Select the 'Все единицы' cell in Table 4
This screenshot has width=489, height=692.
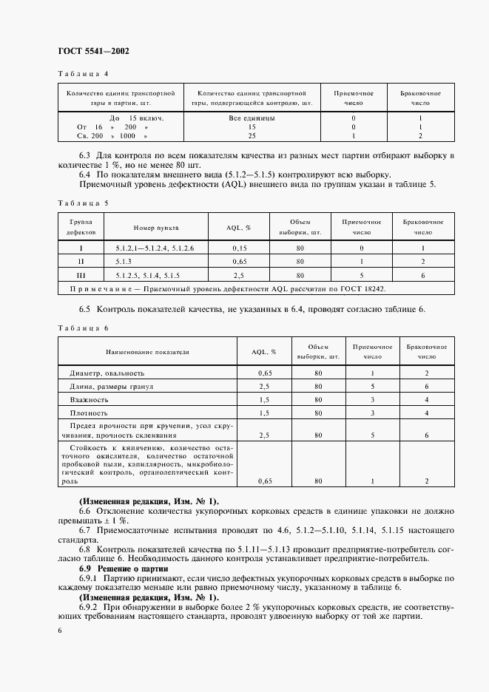tap(252, 118)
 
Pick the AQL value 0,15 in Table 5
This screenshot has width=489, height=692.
tap(239, 248)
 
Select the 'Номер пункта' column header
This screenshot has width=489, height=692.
tap(156, 228)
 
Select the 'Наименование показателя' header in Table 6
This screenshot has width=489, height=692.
tap(147, 353)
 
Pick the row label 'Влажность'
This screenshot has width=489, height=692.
tap(90, 399)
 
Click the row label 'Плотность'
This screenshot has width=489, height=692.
tap(90, 413)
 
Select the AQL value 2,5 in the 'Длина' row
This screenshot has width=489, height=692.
tap(263, 387)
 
